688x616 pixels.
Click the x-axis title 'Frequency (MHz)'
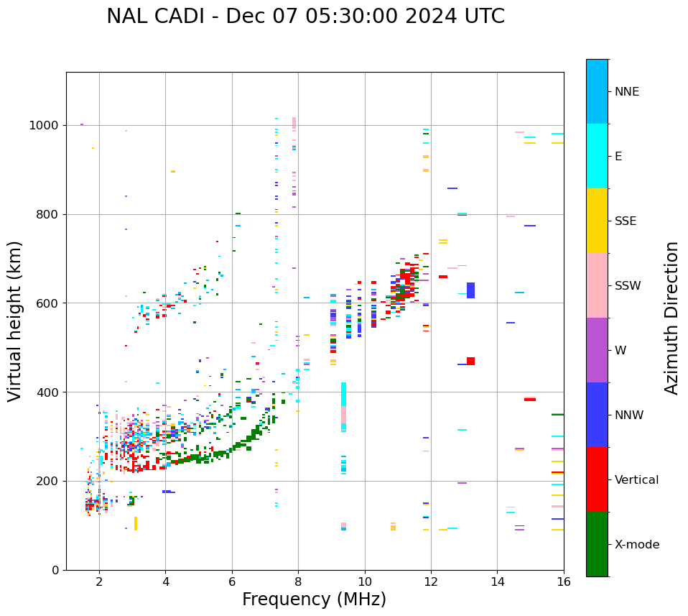point(314,599)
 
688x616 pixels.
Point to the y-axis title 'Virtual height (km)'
point(15,321)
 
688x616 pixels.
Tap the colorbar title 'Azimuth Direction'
point(671,318)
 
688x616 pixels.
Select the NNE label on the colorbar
point(626,92)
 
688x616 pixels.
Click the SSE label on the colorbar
point(625,221)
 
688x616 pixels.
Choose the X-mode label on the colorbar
point(636,545)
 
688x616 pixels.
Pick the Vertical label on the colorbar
point(636,480)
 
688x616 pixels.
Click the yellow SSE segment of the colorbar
point(597,221)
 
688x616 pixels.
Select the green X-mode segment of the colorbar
point(597,544)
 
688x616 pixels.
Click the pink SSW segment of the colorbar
point(597,285)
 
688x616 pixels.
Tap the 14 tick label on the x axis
point(497,581)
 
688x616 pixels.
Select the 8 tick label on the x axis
point(298,581)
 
